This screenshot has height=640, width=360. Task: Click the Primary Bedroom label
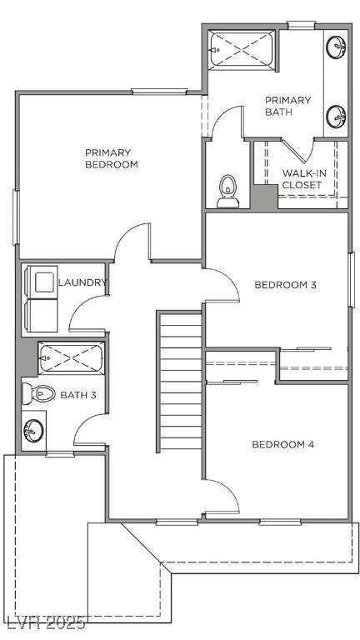click(112, 158)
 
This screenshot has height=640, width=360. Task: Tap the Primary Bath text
click(287, 106)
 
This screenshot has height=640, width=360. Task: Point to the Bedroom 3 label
click(285, 284)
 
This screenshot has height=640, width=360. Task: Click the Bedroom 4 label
click(282, 444)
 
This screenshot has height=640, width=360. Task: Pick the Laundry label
click(82, 282)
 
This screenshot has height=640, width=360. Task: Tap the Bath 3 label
click(78, 395)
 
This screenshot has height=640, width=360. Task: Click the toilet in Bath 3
click(38, 393)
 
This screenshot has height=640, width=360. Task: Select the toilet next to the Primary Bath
click(227, 191)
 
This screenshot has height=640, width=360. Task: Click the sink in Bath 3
click(33, 430)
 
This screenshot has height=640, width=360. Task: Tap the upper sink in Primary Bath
click(336, 47)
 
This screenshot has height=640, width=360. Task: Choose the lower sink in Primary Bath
click(336, 117)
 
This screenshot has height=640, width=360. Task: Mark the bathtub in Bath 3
click(72, 357)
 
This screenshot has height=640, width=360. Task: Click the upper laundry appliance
click(41, 282)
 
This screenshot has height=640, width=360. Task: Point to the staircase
click(180, 381)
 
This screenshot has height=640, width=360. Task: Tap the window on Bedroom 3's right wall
click(352, 280)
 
